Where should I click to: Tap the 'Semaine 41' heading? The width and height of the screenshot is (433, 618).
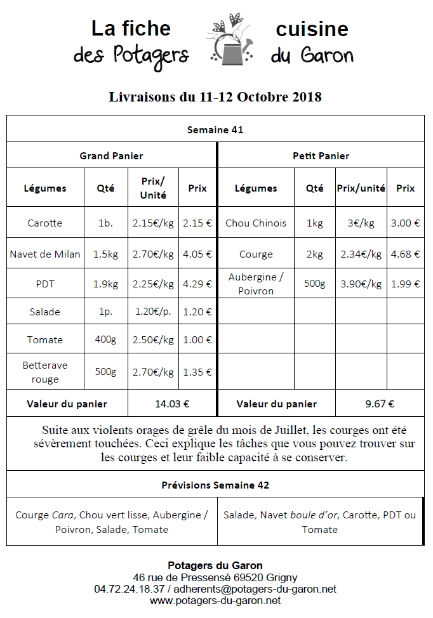pyautogui.click(x=215, y=130)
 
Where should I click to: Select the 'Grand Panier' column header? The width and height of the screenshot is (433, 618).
pyautogui.click(x=111, y=155)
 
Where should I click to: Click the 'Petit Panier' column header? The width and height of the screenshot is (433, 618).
pyautogui.click(x=321, y=155)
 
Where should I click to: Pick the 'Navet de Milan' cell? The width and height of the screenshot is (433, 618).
pyautogui.click(x=45, y=254)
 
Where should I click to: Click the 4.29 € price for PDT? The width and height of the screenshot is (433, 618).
pyautogui.click(x=197, y=284)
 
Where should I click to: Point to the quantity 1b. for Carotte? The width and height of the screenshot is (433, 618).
pyautogui.click(x=105, y=223)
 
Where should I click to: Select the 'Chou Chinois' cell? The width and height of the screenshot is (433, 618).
pyautogui.click(x=256, y=223)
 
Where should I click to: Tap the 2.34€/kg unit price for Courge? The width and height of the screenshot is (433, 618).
pyautogui.click(x=361, y=254)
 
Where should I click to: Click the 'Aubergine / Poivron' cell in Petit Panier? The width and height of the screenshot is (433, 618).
pyautogui.click(x=256, y=284)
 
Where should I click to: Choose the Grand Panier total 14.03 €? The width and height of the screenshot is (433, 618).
pyautogui.click(x=173, y=404)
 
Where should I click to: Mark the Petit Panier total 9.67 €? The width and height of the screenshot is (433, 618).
pyautogui.click(x=380, y=404)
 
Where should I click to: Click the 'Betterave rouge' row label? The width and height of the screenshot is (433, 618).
pyautogui.click(x=45, y=372)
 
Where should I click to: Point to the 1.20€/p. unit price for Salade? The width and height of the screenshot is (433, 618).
pyautogui.click(x=153, y=312)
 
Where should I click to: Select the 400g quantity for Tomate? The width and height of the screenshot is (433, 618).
pyautogui.click(x=105, y=339)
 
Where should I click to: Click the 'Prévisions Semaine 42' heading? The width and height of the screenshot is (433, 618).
pyautogui.click(x=215, y=485)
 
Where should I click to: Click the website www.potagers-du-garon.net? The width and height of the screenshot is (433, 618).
pyautogui.click(x=215, y=600)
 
